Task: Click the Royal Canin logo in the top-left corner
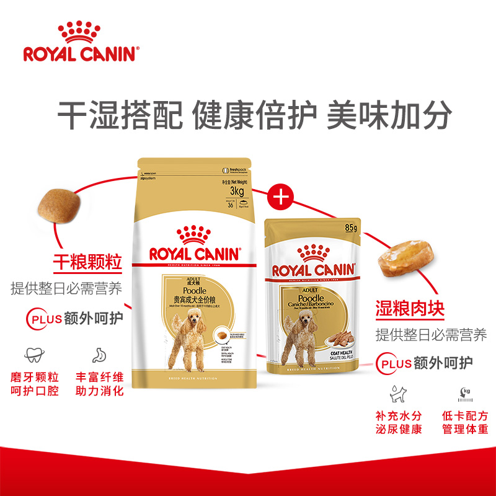click(x=79, y=42)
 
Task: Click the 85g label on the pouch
click(x=351, y=228)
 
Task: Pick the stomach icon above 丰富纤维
click(x=99, y=355)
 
